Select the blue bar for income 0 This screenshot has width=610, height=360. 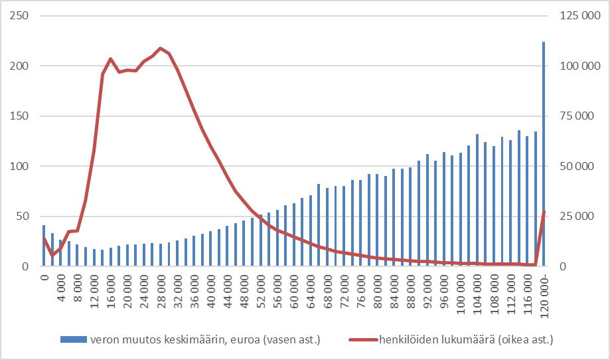pyautogui.click(x=44, y=246)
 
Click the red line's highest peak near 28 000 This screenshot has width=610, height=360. pyautogui.click(x=161, y=48)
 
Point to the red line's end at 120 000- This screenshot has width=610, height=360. pyautogui.click(x=544, y=212)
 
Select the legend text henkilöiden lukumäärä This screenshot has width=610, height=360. pyautogui.click(x=466, y=339)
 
